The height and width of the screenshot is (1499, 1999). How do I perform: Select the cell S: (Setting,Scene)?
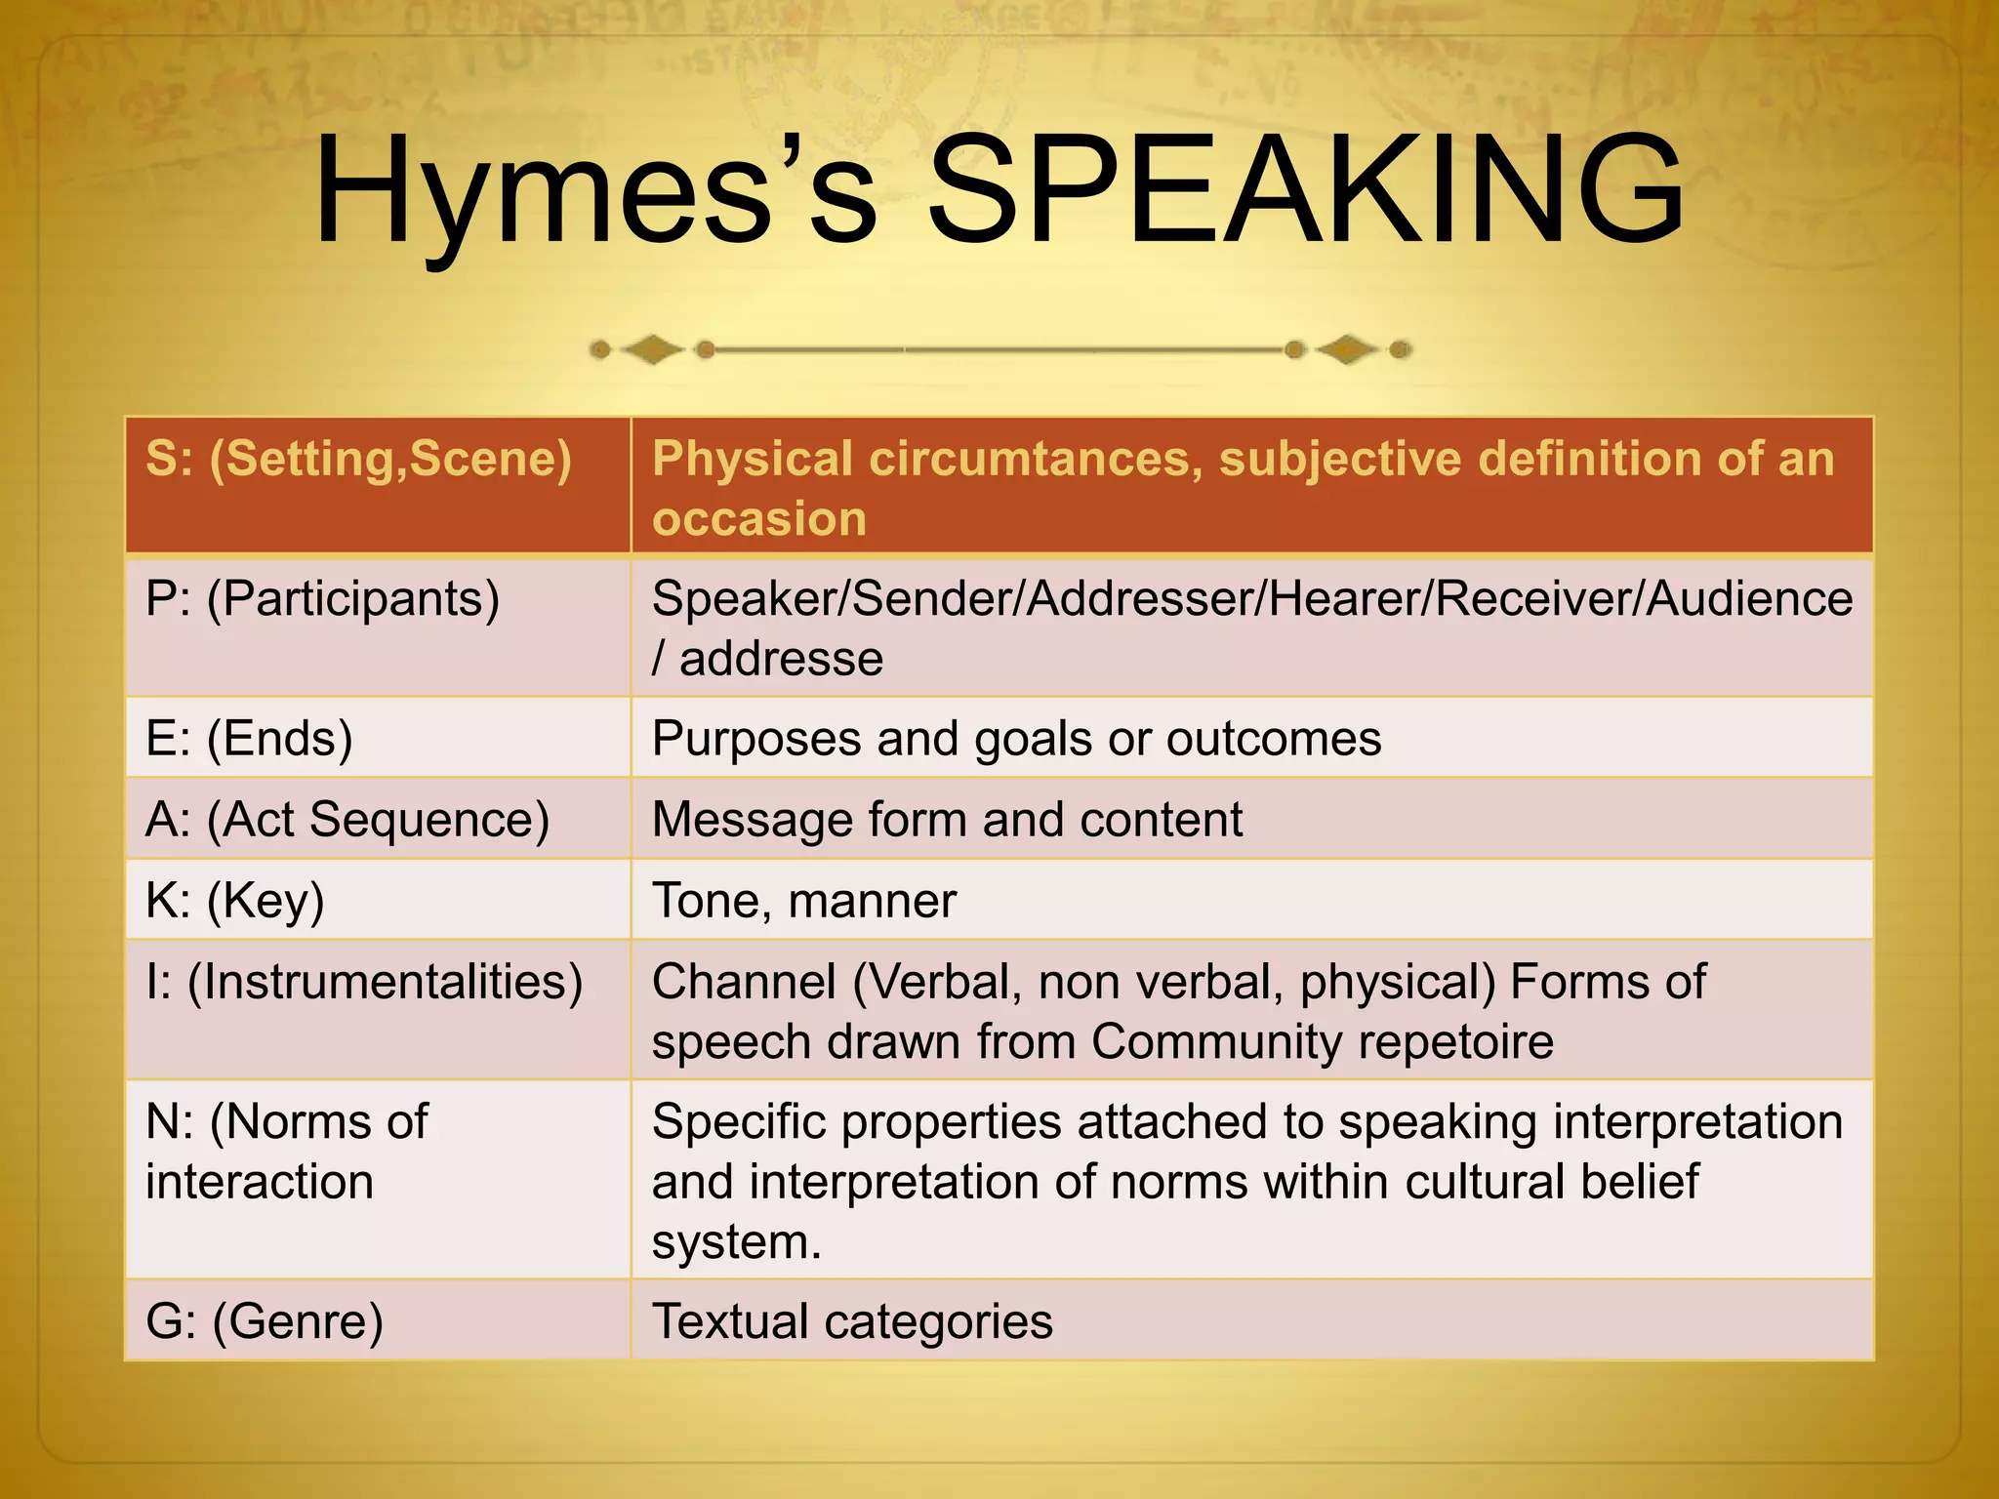pos(358,459)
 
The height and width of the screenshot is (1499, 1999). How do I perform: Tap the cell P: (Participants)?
pos(322,599)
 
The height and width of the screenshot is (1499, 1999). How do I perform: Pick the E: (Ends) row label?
pos(249,739)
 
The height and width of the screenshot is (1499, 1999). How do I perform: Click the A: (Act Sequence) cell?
pos(347,820)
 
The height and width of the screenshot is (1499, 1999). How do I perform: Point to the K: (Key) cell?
pos(234,901)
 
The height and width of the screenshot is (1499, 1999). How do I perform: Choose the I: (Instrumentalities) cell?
pos(363,983)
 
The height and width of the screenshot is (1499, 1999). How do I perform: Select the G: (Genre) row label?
pos(264,1322)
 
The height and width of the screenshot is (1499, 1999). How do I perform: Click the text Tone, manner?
pos(803,901)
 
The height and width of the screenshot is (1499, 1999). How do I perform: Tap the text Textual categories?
pos(851,1322)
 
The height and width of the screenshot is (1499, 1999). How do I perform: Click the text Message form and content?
pos(947,820)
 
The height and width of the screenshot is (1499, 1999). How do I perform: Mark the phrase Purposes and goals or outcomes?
pos(1015,739)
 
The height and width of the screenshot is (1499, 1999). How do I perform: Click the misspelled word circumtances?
pos(1035,459)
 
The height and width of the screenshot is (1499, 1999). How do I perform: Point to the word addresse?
pos(781,659)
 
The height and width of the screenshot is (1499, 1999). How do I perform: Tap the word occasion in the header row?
pos(759,519)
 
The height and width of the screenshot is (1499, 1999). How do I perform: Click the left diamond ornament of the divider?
pos(652,349)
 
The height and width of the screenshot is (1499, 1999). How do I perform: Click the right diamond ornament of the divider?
pos(1347,349)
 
